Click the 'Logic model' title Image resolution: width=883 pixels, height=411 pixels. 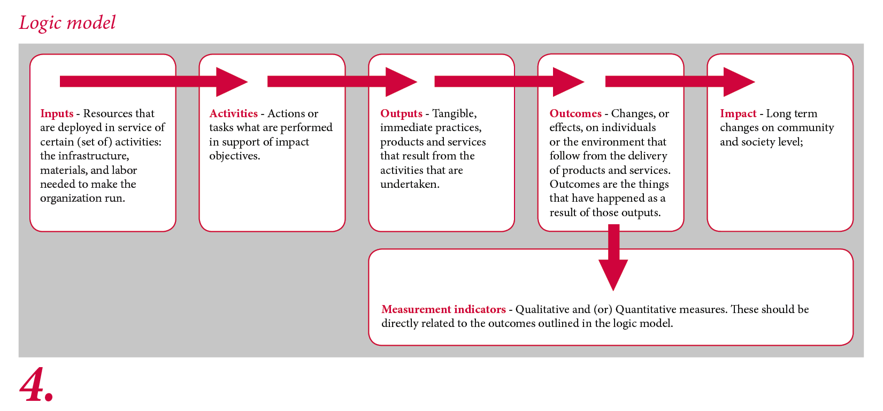point(67,22)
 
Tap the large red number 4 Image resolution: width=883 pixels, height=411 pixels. point(36,384)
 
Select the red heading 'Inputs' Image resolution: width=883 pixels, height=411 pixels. point(57,113)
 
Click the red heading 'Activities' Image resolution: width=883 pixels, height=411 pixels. point(233,113)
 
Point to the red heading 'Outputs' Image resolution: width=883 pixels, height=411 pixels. point(401,113)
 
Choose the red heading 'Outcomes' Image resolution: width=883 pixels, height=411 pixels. point(575,113)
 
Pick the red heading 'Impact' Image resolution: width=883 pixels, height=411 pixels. point(738,113)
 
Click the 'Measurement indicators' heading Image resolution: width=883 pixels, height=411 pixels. point(443,309)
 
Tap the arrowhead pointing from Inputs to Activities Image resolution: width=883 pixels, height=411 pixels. point(232,82)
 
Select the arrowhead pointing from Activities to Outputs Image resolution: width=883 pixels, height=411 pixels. point(401,82)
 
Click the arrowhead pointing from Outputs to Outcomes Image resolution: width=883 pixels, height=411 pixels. point(569,82)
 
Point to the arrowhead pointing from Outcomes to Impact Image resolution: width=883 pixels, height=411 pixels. point(739,82)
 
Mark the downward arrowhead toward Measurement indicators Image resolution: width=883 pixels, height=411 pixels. point(613,275)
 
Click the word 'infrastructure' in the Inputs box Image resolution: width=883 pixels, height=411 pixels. point(94,156)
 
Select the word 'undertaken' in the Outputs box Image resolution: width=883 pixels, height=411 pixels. point(409,184)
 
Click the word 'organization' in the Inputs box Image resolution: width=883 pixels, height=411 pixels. point(71,199)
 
